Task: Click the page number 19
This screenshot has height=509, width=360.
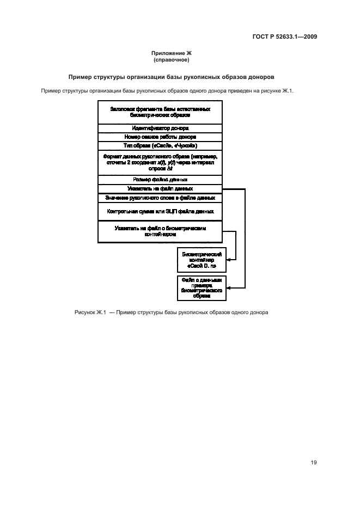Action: [x=314, y=463]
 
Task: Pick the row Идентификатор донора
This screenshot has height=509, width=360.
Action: [x=160, y=128]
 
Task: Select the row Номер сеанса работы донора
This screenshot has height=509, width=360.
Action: [x=160, y=137]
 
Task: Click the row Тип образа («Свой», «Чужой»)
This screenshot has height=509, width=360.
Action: [x=160, y=146]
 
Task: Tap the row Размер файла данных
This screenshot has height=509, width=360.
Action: [x=160, y=180]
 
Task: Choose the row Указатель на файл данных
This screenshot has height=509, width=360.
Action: [x=160, y=189]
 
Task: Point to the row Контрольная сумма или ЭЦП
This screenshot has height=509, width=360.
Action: [x=160, y=211]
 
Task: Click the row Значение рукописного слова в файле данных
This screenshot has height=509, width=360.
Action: [x=160, y=198]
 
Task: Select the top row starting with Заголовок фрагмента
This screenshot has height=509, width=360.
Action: [x=160, y=113]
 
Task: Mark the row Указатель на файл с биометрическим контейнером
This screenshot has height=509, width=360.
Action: [x=160, y=231]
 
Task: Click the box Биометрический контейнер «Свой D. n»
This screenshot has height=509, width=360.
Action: [x=202, y=260]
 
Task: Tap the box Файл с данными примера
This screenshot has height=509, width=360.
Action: [x=202, y=288]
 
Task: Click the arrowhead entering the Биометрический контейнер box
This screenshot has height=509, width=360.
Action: [x=228, y=260]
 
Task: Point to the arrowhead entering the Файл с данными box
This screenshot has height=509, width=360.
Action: [x=228, y=288]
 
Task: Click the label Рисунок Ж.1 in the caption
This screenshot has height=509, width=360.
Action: [x=89, y=312]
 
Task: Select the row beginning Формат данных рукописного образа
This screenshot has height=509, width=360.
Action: [x=160, y=163]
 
